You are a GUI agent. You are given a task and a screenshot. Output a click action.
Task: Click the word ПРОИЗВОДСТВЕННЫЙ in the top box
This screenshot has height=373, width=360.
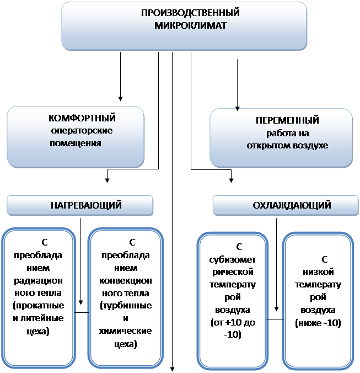click(190, 13)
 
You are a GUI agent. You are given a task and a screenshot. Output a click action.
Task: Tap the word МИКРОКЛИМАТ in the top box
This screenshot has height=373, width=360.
click(190, 25)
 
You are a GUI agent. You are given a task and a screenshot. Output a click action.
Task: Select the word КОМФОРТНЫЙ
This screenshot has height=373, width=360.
click(82, 118)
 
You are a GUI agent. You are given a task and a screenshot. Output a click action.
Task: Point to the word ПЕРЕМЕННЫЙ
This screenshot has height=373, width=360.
click(287, 120)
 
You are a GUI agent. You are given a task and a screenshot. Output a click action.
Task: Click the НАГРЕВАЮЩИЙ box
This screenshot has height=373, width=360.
click(80, 205)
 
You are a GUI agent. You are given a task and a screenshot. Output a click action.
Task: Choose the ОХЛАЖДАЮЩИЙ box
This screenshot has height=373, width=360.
click(286, 205)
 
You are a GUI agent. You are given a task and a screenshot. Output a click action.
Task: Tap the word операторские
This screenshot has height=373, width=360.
click(82, 131)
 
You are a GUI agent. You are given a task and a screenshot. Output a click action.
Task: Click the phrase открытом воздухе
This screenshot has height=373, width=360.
click(287, 145)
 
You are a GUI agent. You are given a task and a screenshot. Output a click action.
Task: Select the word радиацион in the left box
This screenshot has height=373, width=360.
click(38, 281)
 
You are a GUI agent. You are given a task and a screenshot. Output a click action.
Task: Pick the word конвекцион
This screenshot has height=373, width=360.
click(126, 281)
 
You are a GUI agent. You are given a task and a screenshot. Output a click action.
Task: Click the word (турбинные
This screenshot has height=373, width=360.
click(126, 306)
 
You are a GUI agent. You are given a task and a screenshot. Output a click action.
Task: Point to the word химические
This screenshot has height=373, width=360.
click(125, 331)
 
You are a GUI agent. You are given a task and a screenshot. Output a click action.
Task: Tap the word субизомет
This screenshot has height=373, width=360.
click(233, 260)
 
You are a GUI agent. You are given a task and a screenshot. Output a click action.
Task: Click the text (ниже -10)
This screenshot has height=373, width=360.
click(318, 323)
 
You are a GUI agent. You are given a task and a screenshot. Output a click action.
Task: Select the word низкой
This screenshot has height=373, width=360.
click(318, 272)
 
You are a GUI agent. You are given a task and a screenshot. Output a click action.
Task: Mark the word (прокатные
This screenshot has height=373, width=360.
click(38, 306)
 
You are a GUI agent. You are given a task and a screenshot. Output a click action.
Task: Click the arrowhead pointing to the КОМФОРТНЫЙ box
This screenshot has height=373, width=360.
click(121, 99)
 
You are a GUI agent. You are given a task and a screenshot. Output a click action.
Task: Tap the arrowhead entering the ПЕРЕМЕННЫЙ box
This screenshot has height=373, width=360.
click(238, 109)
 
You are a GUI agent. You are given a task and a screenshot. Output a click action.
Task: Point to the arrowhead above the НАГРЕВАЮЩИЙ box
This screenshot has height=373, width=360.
click(107, 180)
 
